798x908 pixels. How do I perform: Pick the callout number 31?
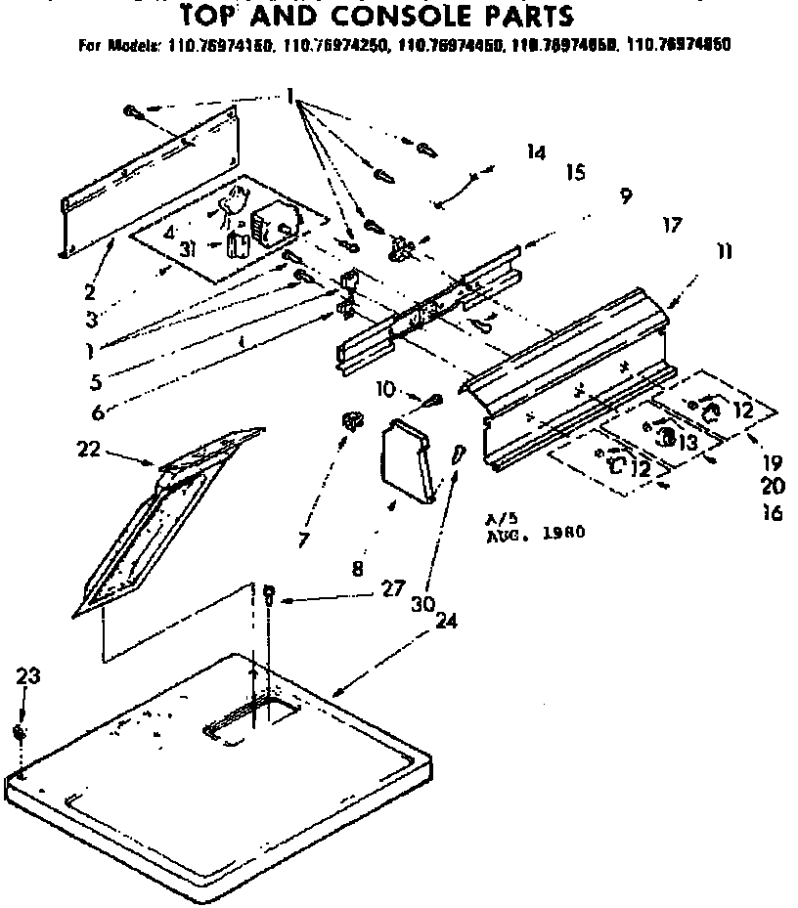pyautogui.click(x=189, y=249)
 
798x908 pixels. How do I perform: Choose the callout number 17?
pyautogui.click(x=671, y=225)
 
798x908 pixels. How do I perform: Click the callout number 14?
pyautogui.click(x=535, y=151)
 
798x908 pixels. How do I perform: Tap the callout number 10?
pyautogui.click(x=384, y=389)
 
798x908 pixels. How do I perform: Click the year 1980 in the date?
pyautogui.click(x=564, y=534)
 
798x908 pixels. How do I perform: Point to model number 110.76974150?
pyautogui.click(x=210, y=45)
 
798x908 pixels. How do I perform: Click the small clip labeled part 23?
pyautogui.click(x=21, y=731)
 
